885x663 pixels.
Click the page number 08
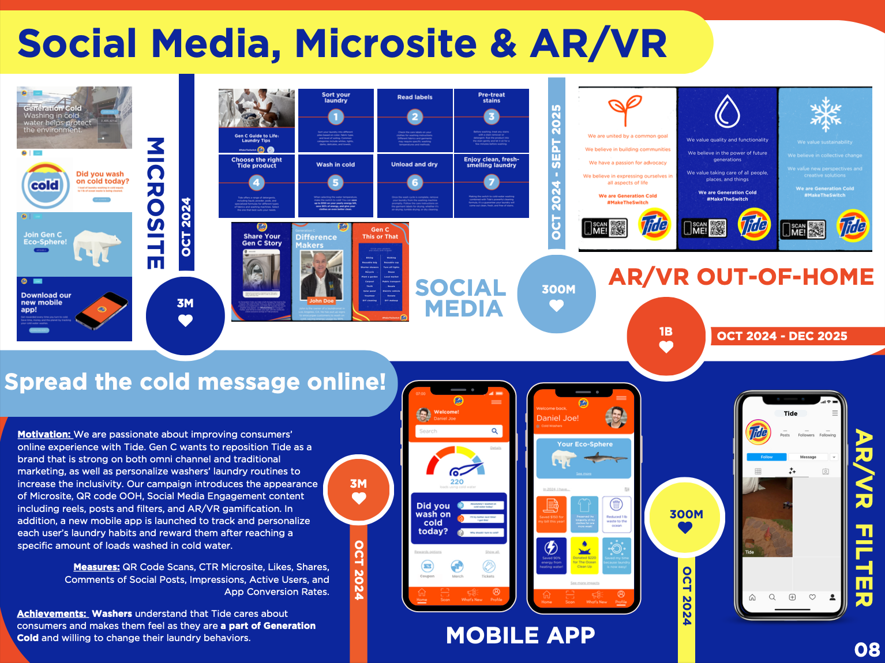point(867,650)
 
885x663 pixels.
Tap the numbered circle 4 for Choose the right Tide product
point(256,183)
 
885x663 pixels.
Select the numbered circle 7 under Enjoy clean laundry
point(491,183)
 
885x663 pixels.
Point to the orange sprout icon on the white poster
point(625,110)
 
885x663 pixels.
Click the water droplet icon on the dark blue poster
point(727,112)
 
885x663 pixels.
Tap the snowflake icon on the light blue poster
point(826,114)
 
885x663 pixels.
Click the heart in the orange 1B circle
point(666,347)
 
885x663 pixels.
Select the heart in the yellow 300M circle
point(685,528)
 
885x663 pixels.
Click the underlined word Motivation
point(44,435)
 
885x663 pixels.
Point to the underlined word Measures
point(96,567)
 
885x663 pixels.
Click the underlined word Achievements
point(52,614)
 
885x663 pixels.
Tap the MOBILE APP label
point(520,635)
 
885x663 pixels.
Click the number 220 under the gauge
point(457,481)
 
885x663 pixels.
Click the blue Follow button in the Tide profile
point(766,457)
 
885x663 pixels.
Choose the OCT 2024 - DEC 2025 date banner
point(782,336)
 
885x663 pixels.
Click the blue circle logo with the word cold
point(45,186)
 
